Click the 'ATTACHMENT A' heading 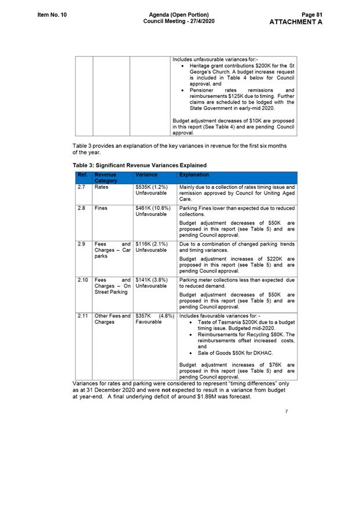(x=296, y=22)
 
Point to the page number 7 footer (x=286, y=412)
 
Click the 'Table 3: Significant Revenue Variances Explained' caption (x=139, y=165)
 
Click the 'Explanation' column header (x=194, y=174)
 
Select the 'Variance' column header (x=146, y=174)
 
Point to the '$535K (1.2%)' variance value (x=152, y=187)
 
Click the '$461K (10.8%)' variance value (x=153, y=207)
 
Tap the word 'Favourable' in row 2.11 (x=149, y=322)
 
